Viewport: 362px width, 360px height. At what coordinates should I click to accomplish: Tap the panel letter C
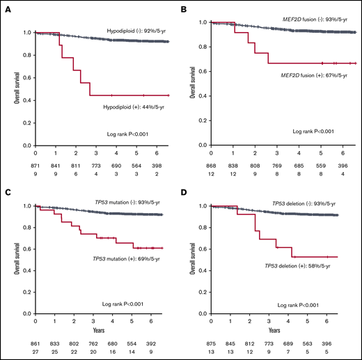[x=9, y=187]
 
